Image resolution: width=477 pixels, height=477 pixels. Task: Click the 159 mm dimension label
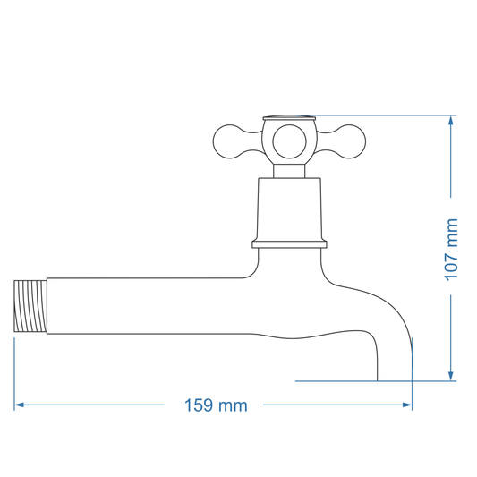[215, 405]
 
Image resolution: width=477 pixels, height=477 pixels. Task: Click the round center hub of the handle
[289, 140]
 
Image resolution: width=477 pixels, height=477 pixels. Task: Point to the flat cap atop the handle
[289, 117]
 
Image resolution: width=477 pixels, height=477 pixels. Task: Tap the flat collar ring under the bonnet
[289, 243]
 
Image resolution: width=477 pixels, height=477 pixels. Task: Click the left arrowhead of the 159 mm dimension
[19, 405]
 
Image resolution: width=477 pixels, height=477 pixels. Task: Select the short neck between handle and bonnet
[289, 170]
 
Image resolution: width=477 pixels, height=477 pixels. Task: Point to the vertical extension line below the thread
[15, 367]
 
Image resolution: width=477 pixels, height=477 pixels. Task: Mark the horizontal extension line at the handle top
[385, 115]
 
